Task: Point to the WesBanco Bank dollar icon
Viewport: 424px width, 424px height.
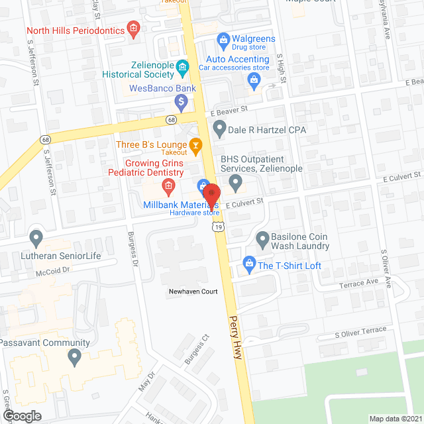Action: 180,102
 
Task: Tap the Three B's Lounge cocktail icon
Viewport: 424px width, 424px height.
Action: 195,144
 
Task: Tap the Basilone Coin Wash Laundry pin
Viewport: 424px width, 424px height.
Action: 262,237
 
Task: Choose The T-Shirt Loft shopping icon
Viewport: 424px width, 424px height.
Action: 248,265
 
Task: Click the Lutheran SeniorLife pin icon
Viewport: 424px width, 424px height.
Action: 36,237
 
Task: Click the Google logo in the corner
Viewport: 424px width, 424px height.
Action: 22,415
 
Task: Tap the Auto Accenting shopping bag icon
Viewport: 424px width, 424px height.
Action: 252,80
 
